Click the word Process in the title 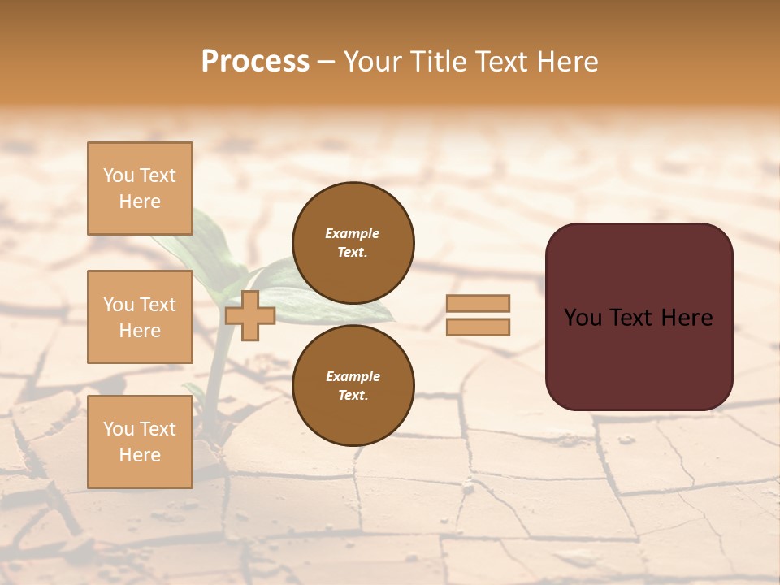point(255,62)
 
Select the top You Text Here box point(140,188)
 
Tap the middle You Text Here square point(140,317)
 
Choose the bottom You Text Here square point(140,441)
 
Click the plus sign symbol point(250,316)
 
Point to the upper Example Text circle point(353,242)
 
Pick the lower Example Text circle point(353,385)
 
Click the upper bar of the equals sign point(478,304)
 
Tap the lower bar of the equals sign point(478,327)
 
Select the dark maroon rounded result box point(639,316)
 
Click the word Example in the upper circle point(353,233)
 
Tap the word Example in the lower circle point(353,376)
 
